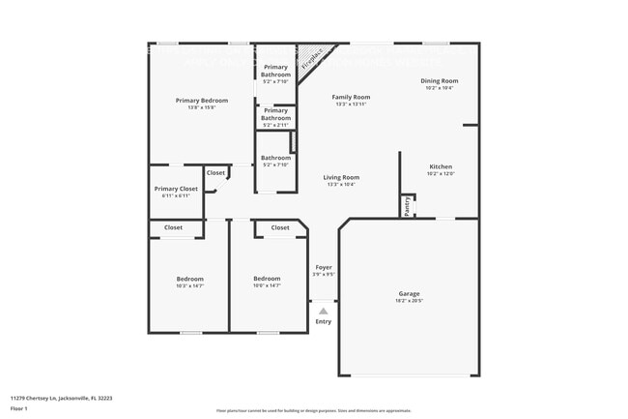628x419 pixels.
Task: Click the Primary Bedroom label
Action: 202,101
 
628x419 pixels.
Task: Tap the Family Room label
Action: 351,97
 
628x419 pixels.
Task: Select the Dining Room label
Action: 440,80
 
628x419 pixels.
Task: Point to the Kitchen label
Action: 441,166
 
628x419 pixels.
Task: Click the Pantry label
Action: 407,205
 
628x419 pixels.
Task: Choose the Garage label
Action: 409,293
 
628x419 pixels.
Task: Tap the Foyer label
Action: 323,267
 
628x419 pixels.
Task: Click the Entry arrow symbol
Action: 323,311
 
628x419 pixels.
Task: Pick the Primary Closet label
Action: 176,189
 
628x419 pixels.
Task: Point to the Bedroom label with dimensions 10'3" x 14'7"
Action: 189,279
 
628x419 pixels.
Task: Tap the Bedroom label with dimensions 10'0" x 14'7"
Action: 267,279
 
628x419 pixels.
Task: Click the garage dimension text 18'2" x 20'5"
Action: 409,301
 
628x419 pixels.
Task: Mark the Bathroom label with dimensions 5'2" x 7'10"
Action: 275,158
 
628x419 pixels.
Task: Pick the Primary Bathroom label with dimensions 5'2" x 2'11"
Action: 275,114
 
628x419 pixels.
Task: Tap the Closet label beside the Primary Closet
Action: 215,173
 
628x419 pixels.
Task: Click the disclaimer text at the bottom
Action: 313,411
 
